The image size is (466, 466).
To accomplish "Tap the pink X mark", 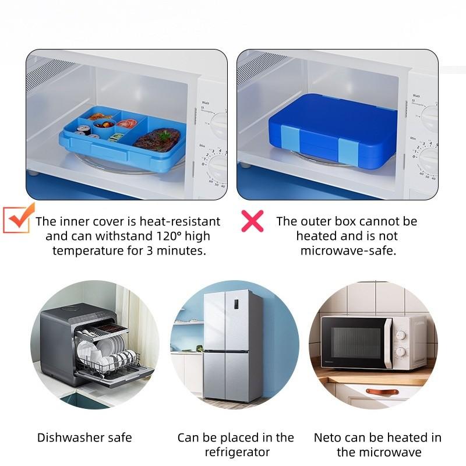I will point(252,221).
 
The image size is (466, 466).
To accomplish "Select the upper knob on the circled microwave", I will point(401,336).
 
